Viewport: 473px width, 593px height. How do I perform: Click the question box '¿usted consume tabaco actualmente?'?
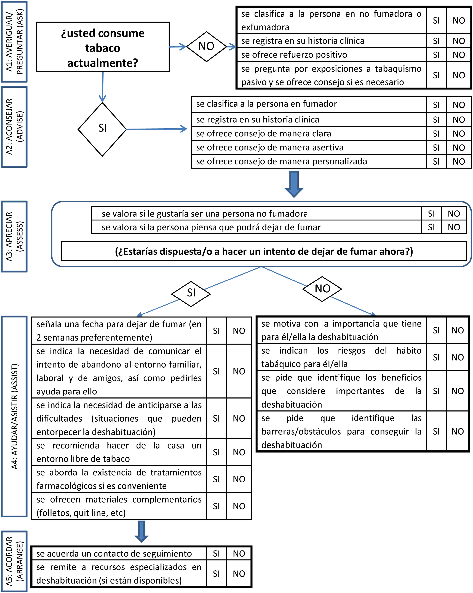103,47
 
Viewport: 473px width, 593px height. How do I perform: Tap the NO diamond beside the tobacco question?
206,46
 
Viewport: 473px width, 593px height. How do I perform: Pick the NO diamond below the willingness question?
322,289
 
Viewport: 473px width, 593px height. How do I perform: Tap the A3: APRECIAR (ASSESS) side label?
14,236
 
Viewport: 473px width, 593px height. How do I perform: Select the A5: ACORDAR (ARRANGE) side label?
14,561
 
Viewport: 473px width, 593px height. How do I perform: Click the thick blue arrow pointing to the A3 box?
294,184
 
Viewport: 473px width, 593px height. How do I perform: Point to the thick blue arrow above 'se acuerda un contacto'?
141,531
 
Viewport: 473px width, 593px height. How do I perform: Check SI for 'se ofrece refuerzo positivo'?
436,55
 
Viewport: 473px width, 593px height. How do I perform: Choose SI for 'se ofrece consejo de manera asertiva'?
436,148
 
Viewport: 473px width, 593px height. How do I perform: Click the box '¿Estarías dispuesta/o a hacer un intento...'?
264,251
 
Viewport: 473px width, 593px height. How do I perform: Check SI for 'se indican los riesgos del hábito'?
436,357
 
